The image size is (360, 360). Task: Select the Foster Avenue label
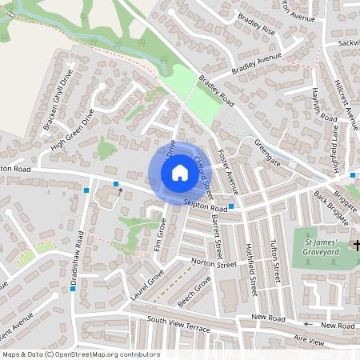[229, 174]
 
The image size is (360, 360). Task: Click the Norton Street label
[215, 262]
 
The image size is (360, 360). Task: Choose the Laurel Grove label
[146, 285]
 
